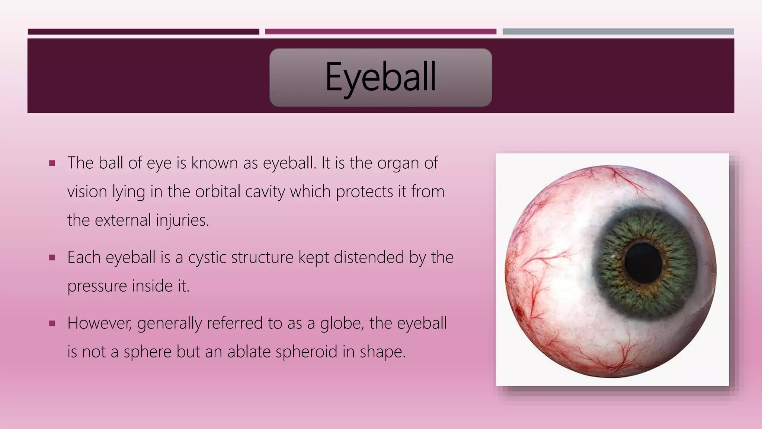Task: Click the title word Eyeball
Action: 380,77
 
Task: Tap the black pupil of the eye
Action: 643,263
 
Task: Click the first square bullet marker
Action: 52,163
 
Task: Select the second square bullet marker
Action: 52,257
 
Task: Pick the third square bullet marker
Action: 52,323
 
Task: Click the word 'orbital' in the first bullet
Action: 218,192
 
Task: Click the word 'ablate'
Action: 249,352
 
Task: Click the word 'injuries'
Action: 182,220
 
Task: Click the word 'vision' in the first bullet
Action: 87,192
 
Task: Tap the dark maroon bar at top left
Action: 143,32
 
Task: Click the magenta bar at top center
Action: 380,32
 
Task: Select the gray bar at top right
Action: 618,32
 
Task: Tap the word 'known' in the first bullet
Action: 214,163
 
